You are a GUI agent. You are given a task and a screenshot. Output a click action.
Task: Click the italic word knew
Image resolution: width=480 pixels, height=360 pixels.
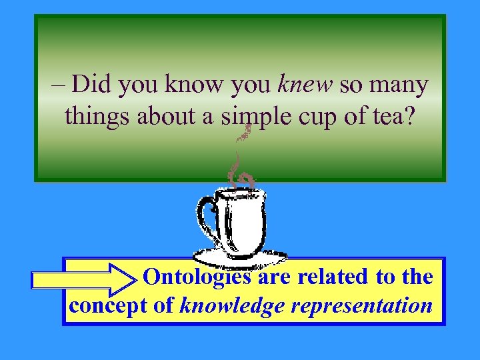pos(305,85)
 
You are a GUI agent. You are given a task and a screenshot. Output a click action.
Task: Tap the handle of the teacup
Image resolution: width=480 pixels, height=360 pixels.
pos(207,217)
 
